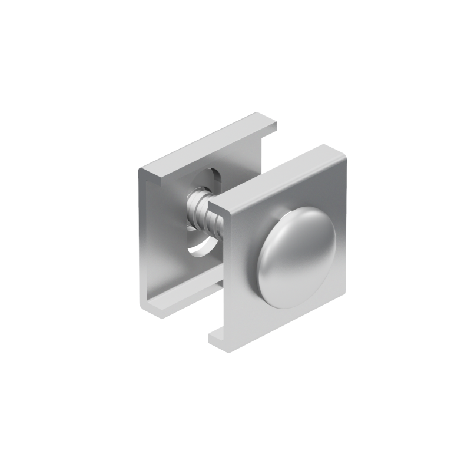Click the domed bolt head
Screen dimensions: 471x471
click(297, 257)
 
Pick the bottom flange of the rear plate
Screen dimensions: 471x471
click(177, 300)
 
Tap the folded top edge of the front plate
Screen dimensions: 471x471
click(277, 177)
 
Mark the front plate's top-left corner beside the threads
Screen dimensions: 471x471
click(213, 207)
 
